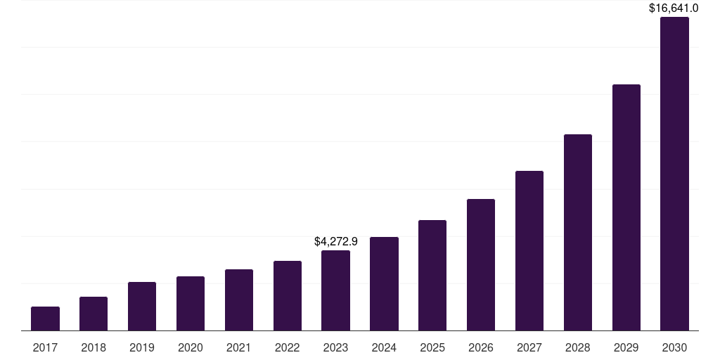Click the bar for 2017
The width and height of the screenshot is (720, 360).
[45, 319]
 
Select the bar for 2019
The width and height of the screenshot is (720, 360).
[142, 307]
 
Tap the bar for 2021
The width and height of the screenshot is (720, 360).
[239, 300]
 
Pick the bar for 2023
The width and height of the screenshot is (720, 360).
[335, 290]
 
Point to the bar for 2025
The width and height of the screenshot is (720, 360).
[432, 276]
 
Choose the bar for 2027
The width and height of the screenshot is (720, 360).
[529, 251]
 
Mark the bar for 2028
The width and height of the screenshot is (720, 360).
[578, 233]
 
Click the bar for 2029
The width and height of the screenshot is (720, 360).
[626, 207]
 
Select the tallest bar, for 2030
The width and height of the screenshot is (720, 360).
[674, 174]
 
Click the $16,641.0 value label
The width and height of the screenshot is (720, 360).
[674, 8]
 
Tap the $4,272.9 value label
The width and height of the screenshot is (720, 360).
[335, 241]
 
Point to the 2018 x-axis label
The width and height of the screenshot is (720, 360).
[94, 347]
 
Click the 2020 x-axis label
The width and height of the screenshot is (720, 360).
[191, 347]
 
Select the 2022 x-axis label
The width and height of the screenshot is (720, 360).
[288, 347]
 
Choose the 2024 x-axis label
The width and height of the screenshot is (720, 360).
[384, 347]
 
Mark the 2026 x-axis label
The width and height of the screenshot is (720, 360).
[481, 347]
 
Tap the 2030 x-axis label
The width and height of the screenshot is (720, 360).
[674, 347]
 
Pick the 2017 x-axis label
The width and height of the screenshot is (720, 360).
[45, 347]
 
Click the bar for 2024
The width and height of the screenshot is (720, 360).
[384, 284]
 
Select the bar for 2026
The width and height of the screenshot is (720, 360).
[481, 265]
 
